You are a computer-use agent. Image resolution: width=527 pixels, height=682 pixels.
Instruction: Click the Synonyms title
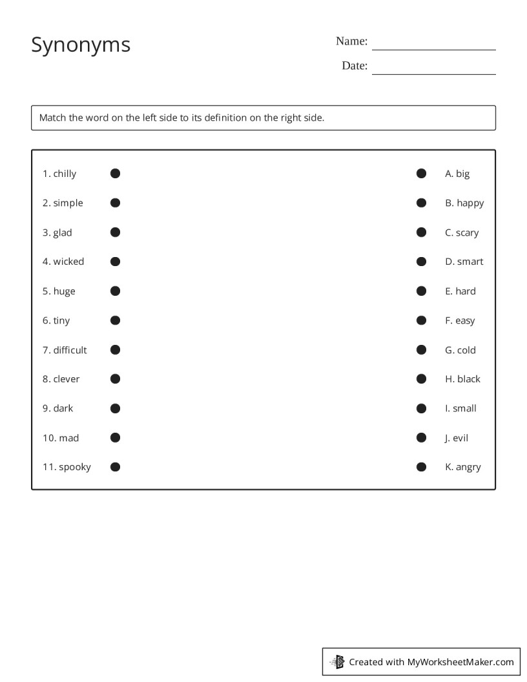point(81,45)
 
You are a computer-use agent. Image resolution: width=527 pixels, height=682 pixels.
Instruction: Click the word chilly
point(65,174)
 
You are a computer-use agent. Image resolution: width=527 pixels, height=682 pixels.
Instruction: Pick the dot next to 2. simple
point(115,203)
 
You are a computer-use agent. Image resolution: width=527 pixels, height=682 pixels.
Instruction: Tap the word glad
point(63,232)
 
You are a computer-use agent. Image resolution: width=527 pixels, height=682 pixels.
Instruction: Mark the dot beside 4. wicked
point(115,262)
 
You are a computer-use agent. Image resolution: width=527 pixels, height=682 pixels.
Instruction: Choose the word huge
point(64,291)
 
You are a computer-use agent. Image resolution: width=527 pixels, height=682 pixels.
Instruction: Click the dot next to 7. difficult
point(115,349)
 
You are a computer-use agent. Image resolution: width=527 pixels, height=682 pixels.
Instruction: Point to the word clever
point(67,379)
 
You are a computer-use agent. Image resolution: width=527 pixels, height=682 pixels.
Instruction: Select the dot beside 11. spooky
point(115,467)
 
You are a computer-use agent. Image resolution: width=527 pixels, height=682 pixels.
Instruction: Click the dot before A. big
point(421,173)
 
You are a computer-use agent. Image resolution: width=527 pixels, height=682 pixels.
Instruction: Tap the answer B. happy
point(464,203)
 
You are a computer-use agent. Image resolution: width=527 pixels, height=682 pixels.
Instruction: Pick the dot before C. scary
point(421,232)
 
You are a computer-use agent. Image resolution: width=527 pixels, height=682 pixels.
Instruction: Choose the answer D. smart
point(464,262)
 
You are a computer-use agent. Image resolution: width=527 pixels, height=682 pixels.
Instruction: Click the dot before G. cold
point(421,349)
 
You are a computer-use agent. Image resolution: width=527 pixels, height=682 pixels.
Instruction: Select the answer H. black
point(462,379)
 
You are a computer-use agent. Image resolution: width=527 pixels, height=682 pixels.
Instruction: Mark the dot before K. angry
point(421,467)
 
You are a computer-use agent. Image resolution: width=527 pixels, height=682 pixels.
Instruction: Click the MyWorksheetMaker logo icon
point(337,661)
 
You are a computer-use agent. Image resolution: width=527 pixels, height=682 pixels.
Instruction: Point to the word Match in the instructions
point(52,118)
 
